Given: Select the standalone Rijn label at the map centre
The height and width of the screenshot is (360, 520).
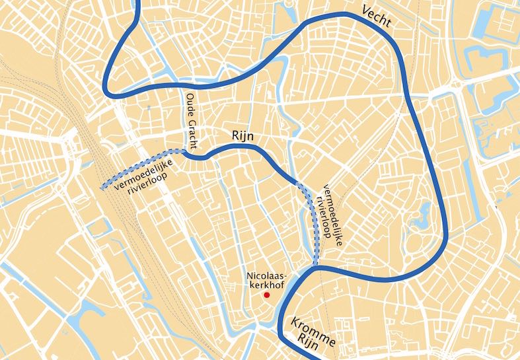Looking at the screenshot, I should [x=242, y=136].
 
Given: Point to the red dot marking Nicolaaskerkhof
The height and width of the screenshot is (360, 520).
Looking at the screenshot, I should [x=266, y=296].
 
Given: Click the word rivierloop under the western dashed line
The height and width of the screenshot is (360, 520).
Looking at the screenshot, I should [x=148, y=187].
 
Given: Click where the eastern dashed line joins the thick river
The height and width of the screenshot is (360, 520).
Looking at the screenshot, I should [x=316, y=266].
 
